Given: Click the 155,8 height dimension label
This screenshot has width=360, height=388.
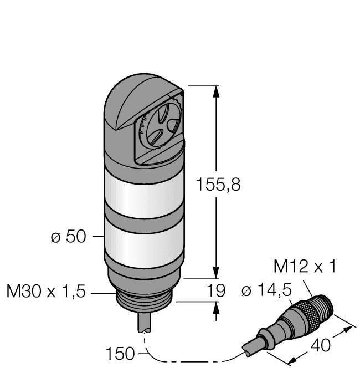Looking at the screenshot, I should (218, 186).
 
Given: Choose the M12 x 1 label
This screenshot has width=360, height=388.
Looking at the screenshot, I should (305, 267).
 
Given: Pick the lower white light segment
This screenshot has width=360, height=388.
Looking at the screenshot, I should (143, 245).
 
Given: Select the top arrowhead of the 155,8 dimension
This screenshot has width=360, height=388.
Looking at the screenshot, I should (216, 92).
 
